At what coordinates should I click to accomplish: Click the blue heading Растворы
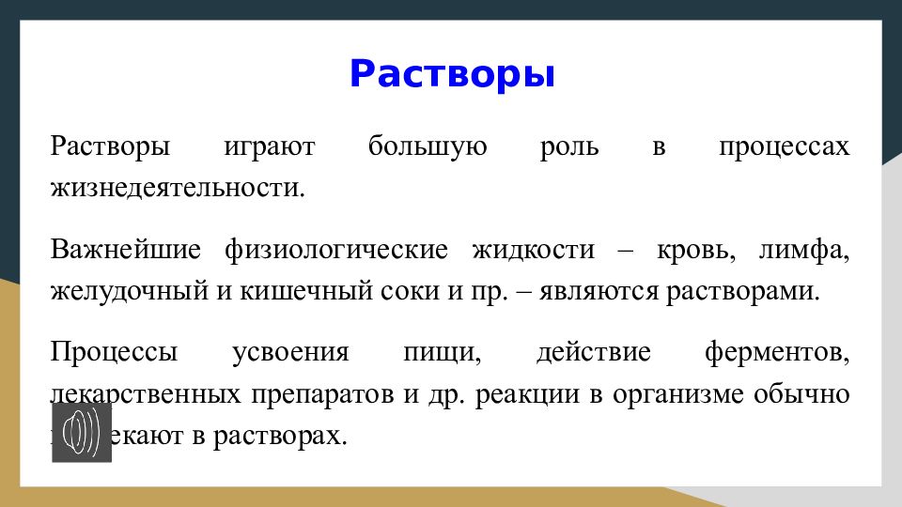point(452,74)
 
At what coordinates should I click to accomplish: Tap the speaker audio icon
point(82,432)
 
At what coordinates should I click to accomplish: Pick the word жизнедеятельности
point(179,187)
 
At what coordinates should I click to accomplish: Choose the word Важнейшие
point(126,251)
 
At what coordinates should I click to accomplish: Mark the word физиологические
point(335,251)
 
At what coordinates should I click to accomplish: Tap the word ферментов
point(776,354)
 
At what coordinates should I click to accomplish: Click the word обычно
point(801,394)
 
